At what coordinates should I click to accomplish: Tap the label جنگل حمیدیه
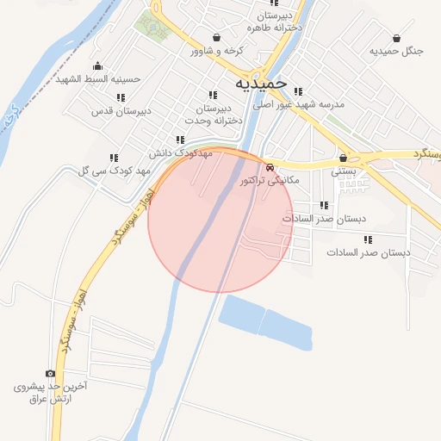397,51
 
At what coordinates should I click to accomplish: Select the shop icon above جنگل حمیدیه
396,38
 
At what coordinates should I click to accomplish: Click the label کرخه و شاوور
217,51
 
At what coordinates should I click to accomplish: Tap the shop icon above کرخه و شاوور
214,38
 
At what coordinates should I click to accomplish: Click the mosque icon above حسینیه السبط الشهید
97,66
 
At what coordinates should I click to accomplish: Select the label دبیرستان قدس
122,110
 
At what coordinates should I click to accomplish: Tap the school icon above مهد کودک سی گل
113,158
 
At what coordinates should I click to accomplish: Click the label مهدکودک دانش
181,152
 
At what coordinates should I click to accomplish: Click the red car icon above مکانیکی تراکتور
270,167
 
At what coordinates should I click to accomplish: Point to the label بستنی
345,171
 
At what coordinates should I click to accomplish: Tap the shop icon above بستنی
344,158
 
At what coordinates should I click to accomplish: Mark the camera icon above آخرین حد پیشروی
51,374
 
